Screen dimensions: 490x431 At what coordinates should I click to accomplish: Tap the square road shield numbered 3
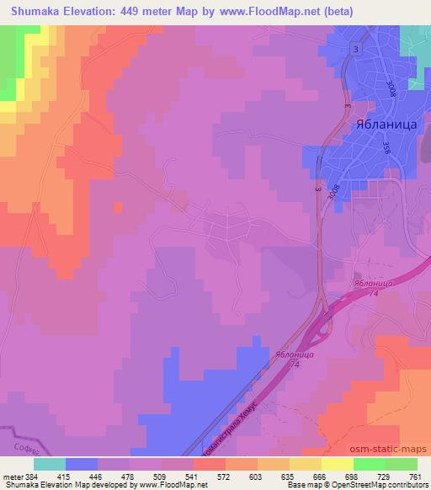(356, 50)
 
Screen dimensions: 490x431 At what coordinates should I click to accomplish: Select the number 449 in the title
(147, 11)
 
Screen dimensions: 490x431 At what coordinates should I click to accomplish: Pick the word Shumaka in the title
(32, 11)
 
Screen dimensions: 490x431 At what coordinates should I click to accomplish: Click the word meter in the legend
(11, 477)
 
